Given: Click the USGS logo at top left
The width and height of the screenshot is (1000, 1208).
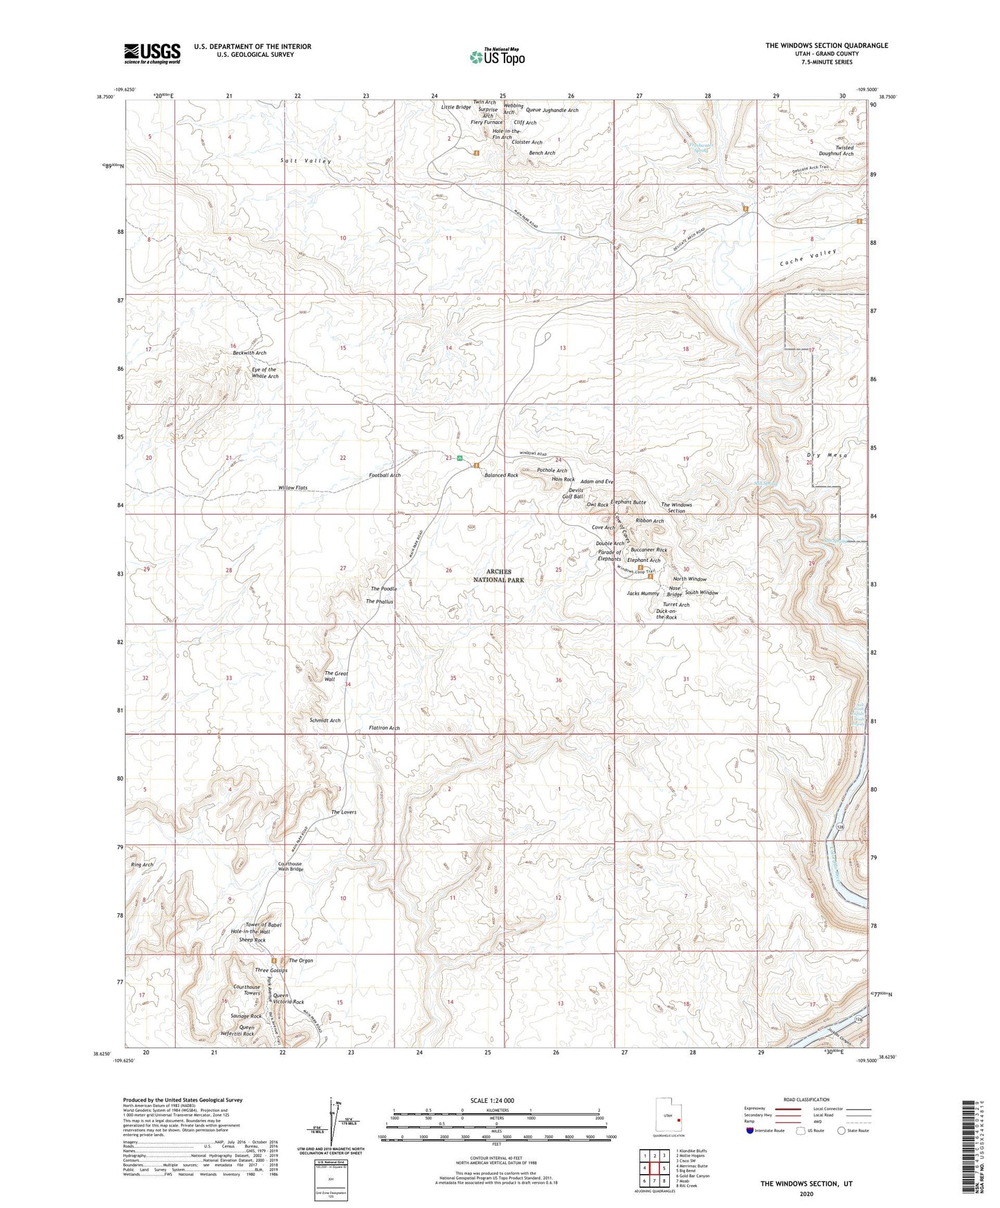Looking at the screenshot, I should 152,53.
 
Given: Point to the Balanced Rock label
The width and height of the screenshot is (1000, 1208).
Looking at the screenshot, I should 501,475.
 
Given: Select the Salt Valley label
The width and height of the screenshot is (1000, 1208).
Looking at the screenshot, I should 305,161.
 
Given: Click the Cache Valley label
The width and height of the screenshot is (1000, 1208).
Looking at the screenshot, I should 808,257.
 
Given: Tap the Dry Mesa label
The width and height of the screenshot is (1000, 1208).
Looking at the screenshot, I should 827,455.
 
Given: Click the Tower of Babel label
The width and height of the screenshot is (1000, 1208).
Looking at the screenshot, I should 263,925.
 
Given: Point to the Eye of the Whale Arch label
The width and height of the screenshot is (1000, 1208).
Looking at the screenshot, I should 265,373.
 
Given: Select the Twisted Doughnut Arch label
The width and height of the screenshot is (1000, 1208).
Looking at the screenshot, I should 835,151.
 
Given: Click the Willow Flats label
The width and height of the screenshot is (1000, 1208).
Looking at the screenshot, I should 293,488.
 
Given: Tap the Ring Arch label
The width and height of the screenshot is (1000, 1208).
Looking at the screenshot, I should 142,865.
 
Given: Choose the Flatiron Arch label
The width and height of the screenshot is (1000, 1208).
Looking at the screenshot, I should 384,728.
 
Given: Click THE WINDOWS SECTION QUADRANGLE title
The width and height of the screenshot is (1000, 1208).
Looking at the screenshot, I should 826,46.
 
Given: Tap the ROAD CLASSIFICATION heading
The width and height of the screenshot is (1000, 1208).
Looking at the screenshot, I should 806,1099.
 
